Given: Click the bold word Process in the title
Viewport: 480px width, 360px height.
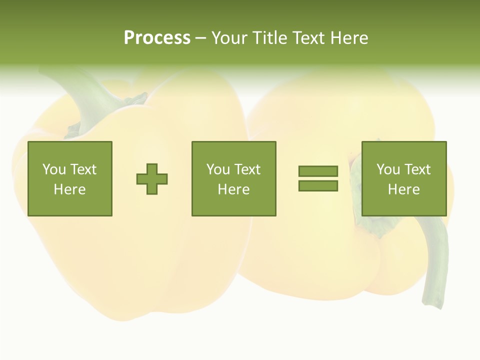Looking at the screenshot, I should pos(157,38).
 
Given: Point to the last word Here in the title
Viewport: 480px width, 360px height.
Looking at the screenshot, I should pos(349,38).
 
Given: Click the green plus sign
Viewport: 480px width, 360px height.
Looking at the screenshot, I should pos(152,179).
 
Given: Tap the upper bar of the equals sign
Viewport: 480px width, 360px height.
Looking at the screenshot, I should pos(318,171).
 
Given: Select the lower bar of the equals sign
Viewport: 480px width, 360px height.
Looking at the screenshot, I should pos(318,186).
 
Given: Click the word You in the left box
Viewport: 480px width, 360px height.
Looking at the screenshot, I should pos(54,169).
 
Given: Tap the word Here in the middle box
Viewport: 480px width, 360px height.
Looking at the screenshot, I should pos(233,189).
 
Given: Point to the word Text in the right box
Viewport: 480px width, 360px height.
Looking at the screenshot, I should pos(416,169).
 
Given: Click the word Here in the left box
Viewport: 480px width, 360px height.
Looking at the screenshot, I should pos(69,189).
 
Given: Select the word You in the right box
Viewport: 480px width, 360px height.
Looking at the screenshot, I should pos(388,169).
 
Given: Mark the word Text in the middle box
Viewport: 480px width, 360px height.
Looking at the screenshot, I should pos(247,169).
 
